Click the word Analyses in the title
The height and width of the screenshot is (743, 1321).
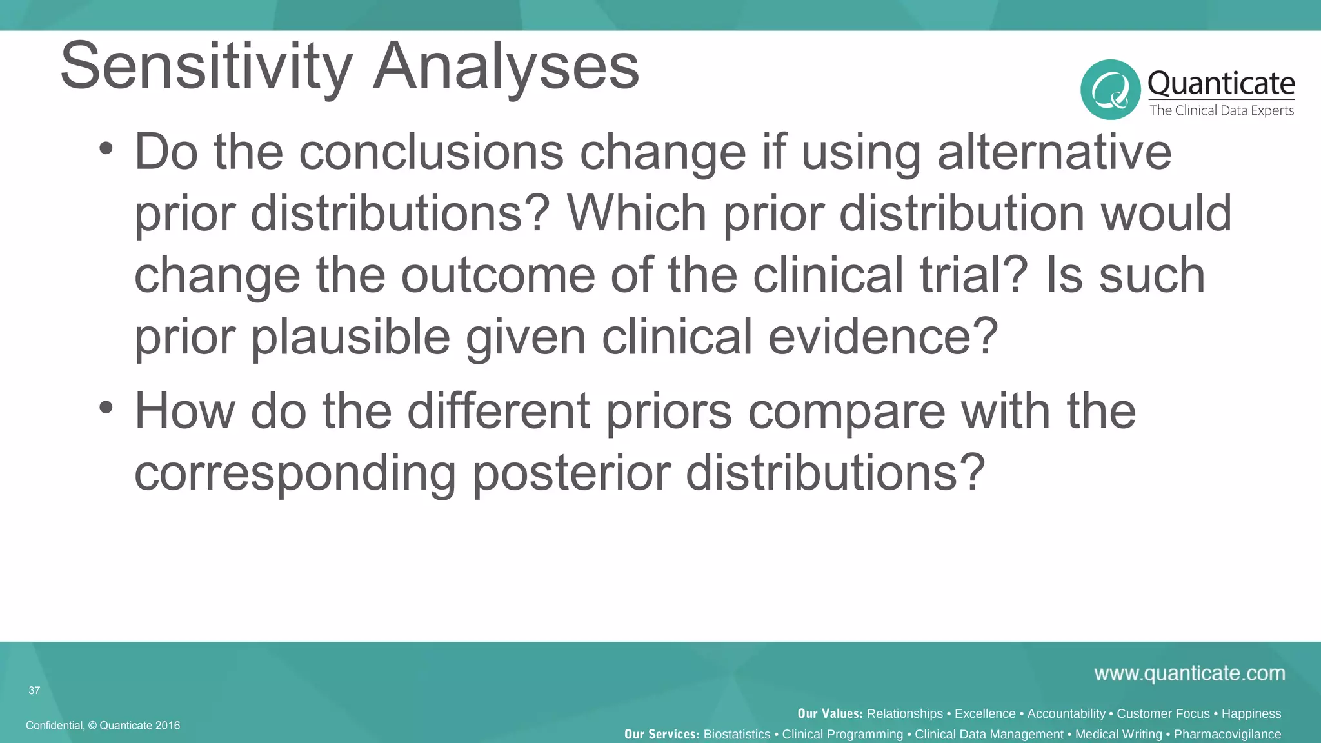pos(506,66)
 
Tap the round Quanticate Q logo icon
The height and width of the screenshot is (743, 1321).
pos(1110,90)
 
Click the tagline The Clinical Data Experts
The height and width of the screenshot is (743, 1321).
pos(1221,110)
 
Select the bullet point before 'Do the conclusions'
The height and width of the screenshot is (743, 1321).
pos(106,149)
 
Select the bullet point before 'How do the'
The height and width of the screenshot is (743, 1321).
pos(106,408)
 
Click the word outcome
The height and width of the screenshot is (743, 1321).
pos(497,275)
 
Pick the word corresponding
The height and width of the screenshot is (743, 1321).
pos(295,473)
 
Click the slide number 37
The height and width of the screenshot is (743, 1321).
pos(34,690)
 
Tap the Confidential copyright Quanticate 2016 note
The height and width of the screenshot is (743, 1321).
pos(103,725)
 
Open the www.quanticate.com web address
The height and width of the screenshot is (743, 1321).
pos(1189,673)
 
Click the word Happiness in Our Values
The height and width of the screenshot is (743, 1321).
pos(1251,713)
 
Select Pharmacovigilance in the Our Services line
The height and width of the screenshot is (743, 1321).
pos(1227,734)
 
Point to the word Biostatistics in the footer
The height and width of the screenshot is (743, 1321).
pos(737,734)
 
